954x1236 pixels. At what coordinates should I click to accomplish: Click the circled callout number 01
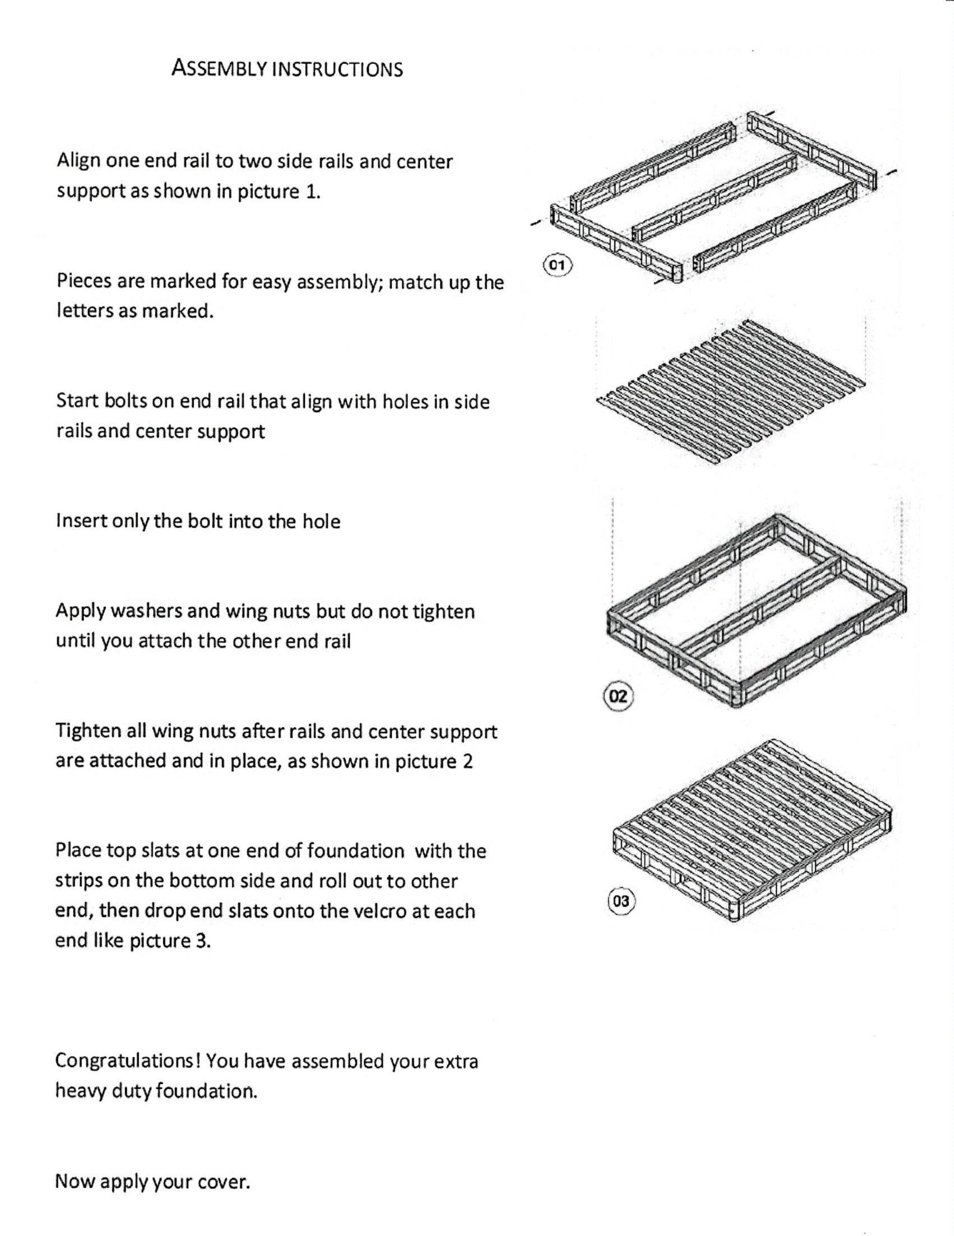click(558, 265)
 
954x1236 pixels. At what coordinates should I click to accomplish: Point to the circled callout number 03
click(620, 901)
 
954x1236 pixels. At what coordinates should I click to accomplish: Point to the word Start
click(78, 401)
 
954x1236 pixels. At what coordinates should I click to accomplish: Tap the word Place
click(78, 851)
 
